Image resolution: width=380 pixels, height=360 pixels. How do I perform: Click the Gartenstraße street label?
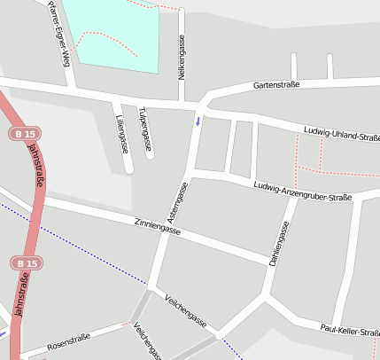tap(275, 85)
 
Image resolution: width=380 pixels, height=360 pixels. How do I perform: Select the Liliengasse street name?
tap(121, 133)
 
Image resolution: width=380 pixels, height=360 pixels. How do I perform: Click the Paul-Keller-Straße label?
tap(350, 331)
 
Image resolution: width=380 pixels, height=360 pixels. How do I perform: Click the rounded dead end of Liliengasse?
tap(128, 168)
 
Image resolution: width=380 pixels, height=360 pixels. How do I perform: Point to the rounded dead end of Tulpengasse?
tap(150, 155)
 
